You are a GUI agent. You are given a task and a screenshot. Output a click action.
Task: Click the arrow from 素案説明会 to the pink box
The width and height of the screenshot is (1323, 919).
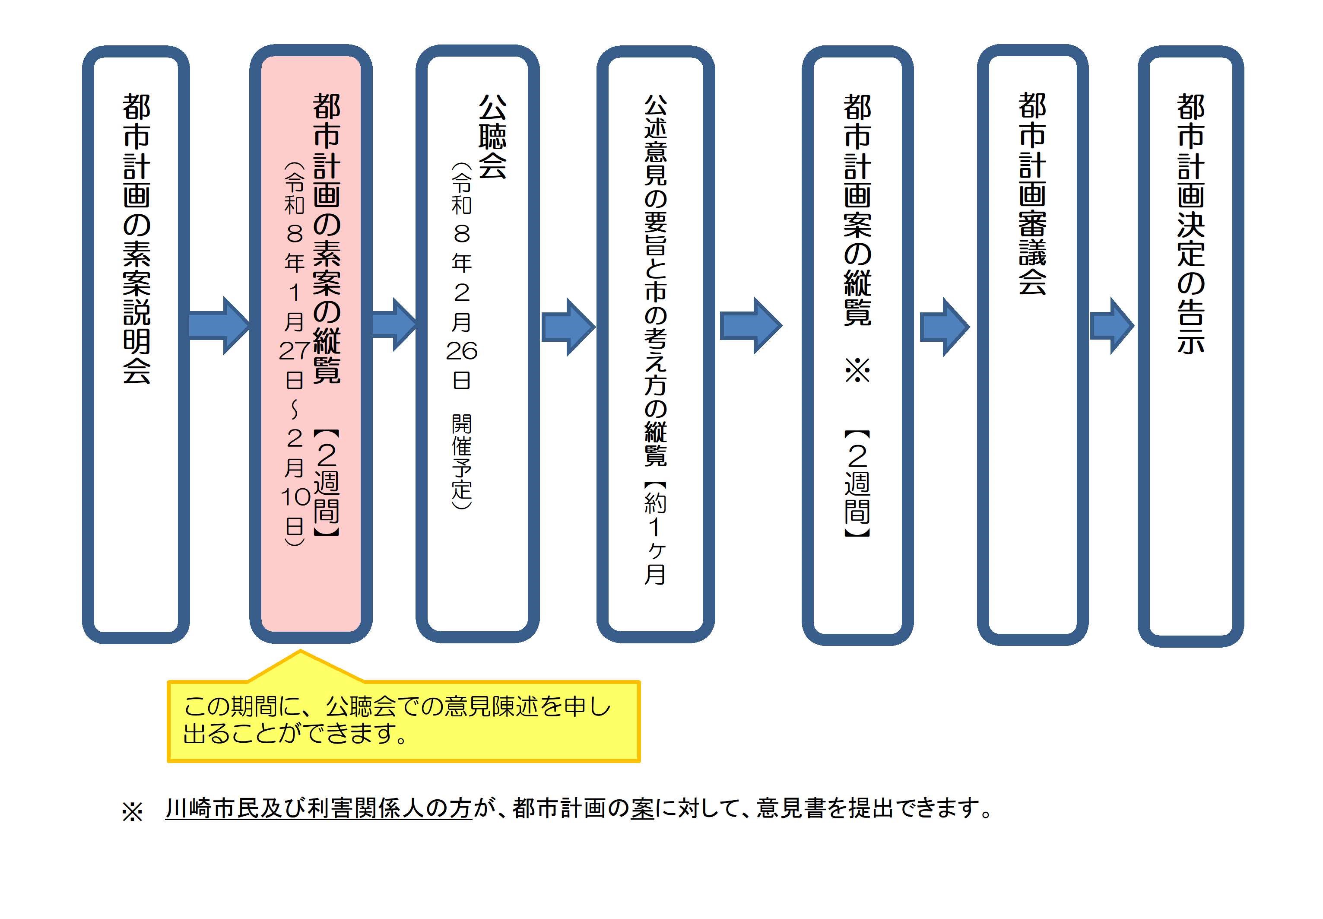point(219,325)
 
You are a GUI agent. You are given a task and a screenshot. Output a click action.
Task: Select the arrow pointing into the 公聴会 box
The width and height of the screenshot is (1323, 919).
point(393,324)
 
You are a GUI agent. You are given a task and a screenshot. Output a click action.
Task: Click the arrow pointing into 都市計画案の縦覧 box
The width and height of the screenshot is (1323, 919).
point(750,326)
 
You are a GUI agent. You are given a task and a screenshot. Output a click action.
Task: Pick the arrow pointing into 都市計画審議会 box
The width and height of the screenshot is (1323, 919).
point(944,327)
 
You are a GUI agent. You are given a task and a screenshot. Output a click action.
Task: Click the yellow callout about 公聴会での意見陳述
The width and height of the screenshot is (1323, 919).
point(403,721)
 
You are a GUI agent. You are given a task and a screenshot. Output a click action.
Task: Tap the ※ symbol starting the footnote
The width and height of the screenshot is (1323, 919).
point(132,812)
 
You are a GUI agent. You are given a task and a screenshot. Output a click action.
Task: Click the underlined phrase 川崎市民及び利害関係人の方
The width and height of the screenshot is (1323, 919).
point(318,808)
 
